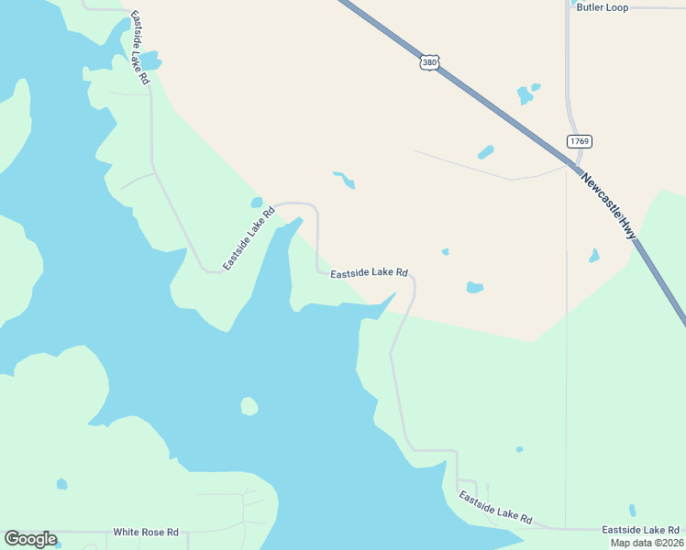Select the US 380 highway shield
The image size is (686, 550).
(x=430, y=63)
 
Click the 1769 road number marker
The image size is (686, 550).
(x=579, y=141)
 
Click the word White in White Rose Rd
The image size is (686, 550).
(x=127, y=532)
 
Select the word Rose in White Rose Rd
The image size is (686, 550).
(x=155, y=532)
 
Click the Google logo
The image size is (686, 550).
(x=30, y=539)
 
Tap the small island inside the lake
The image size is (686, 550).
(x=249, y=405)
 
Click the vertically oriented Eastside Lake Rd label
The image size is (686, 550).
(x=139, y=49)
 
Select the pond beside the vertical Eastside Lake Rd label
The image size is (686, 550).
(x=149, y=62)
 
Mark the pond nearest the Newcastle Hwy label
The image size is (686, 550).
(x=594, y=256)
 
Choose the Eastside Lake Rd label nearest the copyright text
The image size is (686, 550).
(x=640, y=530)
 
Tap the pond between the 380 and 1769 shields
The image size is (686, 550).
(x=526, y=93)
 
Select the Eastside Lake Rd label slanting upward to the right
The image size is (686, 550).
(x=249, y=238)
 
